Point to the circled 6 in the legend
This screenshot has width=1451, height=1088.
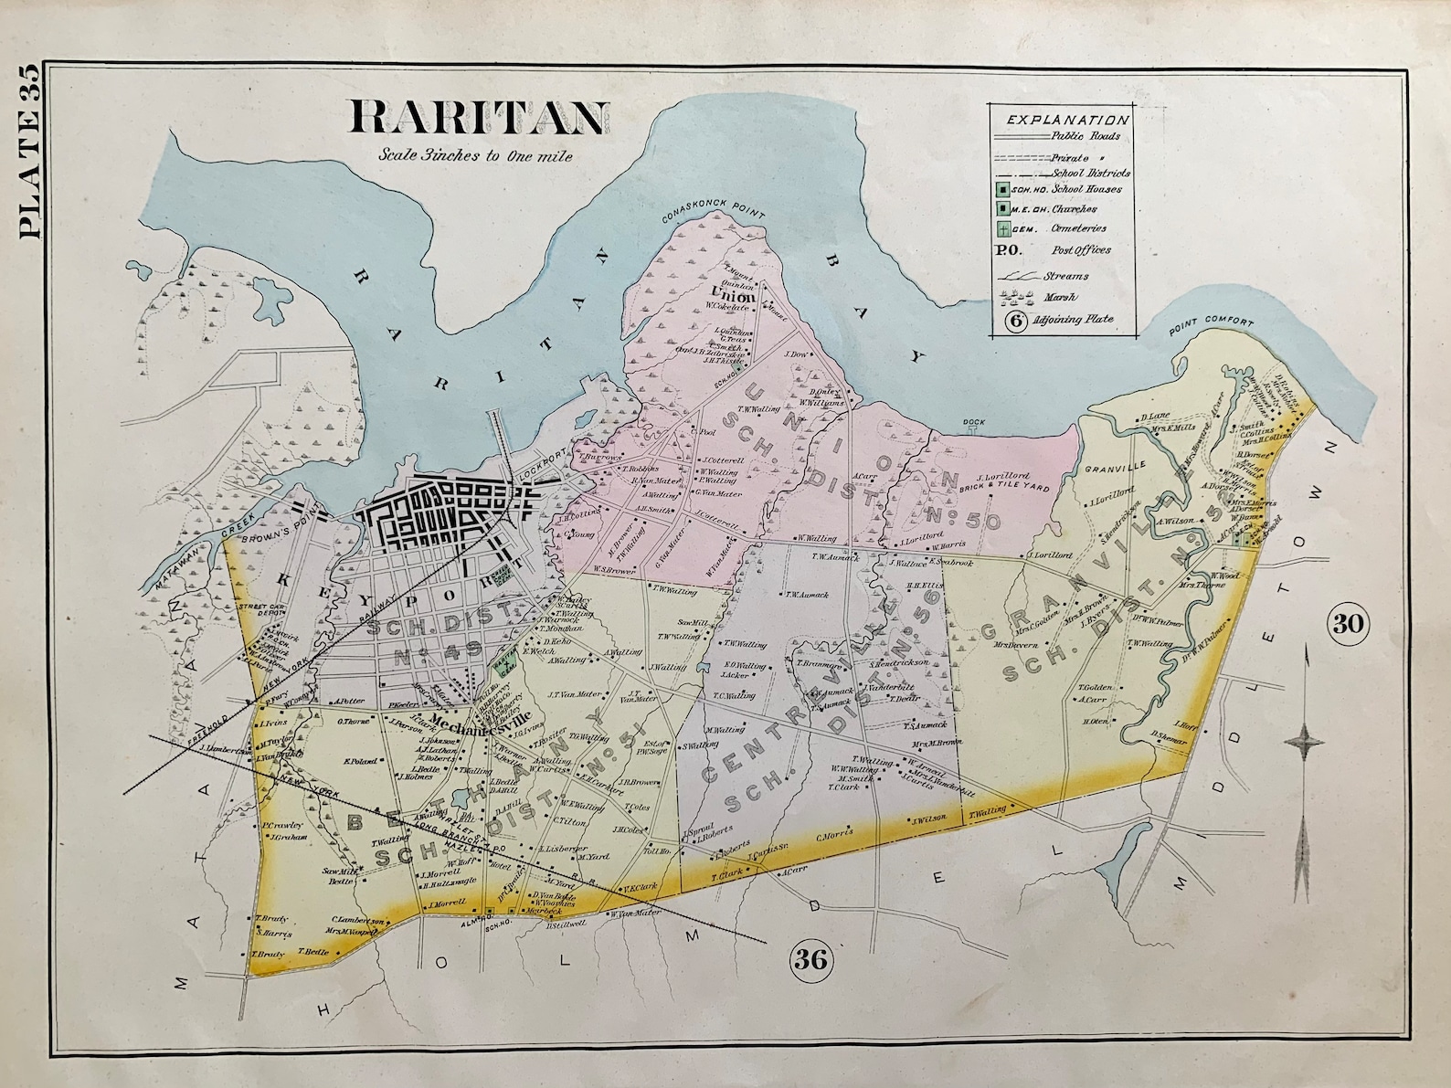tap(1013, 322)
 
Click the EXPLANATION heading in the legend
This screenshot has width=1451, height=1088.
tap(1067, 119)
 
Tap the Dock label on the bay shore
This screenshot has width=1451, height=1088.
tap(972, 422)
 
